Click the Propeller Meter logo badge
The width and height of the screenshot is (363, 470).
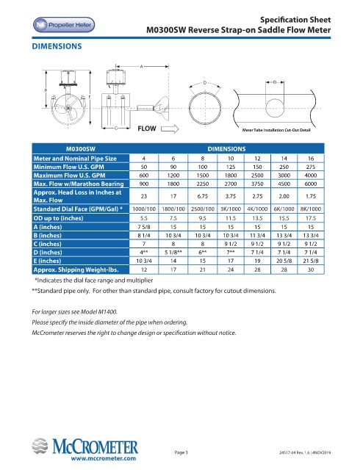pyautogui.click(x=64, y=25)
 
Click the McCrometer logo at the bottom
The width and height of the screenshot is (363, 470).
pyautogui.click(x=85, y=446)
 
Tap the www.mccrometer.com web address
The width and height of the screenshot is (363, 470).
pyautogui.click(x=103, y=458)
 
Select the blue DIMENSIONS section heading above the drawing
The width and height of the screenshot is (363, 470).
pyautogui.click(x=57, y=46)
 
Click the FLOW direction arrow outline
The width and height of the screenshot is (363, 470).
pyautogui.click(x=170, y=129)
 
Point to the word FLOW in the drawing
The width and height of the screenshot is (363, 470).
pyautogui.click(x=147, y=129)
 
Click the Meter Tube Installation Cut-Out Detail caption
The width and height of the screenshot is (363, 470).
pyautogui.click(x=276, y=130)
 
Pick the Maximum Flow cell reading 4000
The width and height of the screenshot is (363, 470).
pyautogui.click(x=311, y=176)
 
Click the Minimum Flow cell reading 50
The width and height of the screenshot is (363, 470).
pyautogui.click(x=144, y=167)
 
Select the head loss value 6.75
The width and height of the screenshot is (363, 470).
pyautogui.click(x=203, y=196)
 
